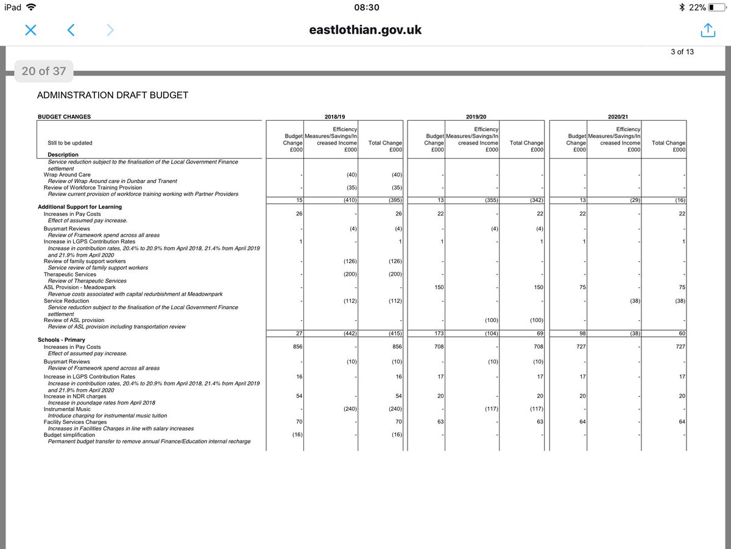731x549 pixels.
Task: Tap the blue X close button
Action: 31,30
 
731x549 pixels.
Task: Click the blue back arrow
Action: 71,30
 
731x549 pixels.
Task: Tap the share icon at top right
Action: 707,30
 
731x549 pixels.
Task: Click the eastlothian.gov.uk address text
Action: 365,30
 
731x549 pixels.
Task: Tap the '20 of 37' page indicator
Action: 43,71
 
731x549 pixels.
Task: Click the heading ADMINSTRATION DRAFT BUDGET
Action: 113,95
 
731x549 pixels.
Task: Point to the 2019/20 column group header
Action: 476,116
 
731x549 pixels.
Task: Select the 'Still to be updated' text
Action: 70,143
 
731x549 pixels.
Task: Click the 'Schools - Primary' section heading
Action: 62,340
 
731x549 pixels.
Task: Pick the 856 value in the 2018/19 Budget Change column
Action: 297,346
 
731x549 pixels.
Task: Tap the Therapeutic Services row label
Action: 69,274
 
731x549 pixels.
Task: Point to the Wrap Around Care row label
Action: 63,174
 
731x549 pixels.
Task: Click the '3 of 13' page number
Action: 682,52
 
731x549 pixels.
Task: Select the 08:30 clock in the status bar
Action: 365,7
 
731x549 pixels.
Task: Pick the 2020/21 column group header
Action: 618,116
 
